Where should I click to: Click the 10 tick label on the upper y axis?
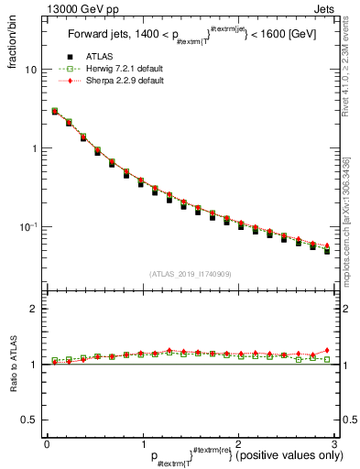[30, 70]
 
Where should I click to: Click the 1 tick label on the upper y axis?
[33, 148]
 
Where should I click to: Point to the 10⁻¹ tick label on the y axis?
[28, 226]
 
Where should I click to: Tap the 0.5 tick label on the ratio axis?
[28, 420]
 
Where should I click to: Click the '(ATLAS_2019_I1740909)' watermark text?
[190, 273]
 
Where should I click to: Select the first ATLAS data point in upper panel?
[54, 112]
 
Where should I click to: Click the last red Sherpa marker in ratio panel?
[327, 350]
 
